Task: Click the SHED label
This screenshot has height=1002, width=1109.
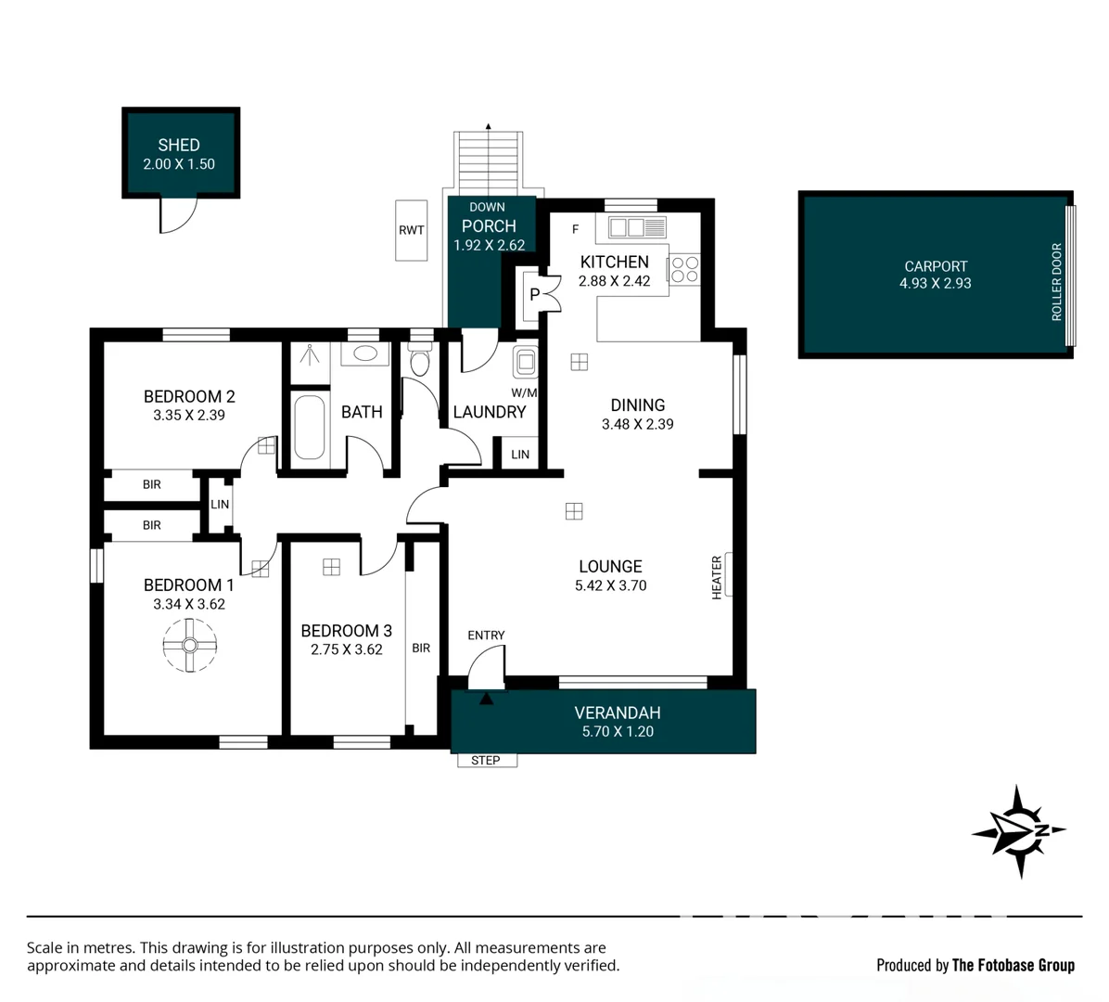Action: point(178,145)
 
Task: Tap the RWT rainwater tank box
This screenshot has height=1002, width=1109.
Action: point(411,230)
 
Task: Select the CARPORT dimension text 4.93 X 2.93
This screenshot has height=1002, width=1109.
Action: point(935,284)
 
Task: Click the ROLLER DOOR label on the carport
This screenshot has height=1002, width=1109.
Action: point(1057,282)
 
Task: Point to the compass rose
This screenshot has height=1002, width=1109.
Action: point(1018,831)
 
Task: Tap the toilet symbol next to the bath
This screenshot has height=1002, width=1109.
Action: point(420,360)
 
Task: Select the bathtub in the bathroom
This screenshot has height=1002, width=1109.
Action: point(309,428)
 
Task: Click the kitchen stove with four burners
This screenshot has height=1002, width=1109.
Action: point(685,270)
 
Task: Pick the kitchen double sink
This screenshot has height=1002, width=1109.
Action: point(627,227)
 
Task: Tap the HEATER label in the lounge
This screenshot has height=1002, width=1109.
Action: point(717,576)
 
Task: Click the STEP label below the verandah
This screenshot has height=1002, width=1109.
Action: point(486,761)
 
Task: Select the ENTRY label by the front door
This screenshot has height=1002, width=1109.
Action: point(486,636)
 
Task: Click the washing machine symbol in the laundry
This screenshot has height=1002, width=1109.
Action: point(526,362)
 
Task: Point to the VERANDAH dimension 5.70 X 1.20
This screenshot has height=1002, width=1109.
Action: point(618,732)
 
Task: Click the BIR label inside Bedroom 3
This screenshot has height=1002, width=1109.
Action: point(421,648)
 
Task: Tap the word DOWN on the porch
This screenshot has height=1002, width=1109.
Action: point(487,207)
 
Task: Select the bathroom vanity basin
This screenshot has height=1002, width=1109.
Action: point(365,353)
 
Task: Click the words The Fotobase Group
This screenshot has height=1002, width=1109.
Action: point(1013,965)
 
